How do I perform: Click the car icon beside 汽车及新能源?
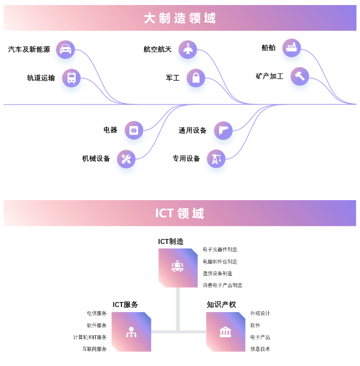(x=66, y=49)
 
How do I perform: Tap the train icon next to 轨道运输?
(x=72, y=78)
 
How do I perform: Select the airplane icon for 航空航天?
(x=188, y=49)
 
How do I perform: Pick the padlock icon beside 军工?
(x=196, y=78)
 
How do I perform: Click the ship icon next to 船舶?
(x=291, y=48)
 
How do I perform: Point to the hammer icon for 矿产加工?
(x=300, y=77)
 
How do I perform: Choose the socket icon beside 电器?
(x=134, y=131)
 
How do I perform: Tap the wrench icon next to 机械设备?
(x=126, y=159)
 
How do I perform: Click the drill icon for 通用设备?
(x=223, y=131)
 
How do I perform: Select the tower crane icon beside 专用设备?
(x=216, y=159)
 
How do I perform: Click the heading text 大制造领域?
(x=179, y=19)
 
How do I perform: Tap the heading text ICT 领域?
(x=179, y=213)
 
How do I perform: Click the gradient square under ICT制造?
(x=178, y=268)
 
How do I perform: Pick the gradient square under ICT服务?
(x=131, y=332)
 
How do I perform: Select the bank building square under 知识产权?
(x=225, y=332)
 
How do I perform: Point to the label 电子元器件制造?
(x=220, y=250)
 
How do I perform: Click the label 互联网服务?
(x=95, y=349)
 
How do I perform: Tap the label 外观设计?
(x=260, y=314)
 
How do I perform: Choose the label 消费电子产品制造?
(x=222, y=285)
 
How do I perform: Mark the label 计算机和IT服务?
(x=90, y=337)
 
